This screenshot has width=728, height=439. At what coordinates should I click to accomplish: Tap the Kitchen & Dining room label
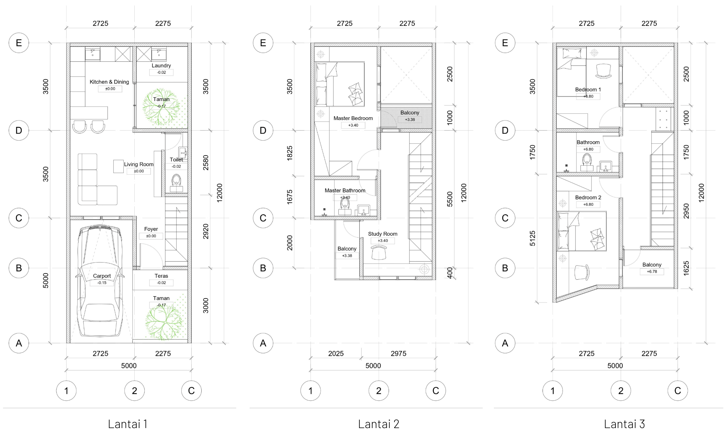pos(109,82)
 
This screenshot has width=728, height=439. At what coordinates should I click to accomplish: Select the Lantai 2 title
pos(379,424)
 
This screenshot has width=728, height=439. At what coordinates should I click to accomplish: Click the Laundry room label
pos(161,65)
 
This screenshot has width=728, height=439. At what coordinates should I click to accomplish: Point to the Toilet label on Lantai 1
pos(176,160)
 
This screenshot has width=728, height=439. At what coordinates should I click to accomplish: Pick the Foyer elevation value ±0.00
pos(151,236)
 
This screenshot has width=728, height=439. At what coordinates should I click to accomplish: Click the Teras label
pos(161,276)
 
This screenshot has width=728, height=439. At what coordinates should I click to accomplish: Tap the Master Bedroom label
pos(353,118)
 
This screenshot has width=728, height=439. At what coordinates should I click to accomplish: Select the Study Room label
pos(383,234)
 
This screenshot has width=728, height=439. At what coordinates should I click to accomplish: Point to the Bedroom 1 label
pos(588,89)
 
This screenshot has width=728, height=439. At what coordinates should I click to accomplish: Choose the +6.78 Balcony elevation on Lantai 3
pos(652,272)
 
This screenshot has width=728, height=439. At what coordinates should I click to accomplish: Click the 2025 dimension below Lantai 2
pos(336,354)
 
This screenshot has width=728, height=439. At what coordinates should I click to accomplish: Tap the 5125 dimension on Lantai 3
pos(533,239)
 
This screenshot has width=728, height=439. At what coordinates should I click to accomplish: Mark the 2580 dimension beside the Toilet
pos(206,163)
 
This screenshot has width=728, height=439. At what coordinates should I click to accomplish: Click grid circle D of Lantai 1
pos(19,130)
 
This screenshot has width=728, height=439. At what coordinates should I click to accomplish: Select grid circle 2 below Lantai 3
pos(621,391)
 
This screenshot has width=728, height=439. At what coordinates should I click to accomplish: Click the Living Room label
pos(139,164)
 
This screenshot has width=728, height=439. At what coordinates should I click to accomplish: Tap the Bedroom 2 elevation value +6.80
pos(588,205)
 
